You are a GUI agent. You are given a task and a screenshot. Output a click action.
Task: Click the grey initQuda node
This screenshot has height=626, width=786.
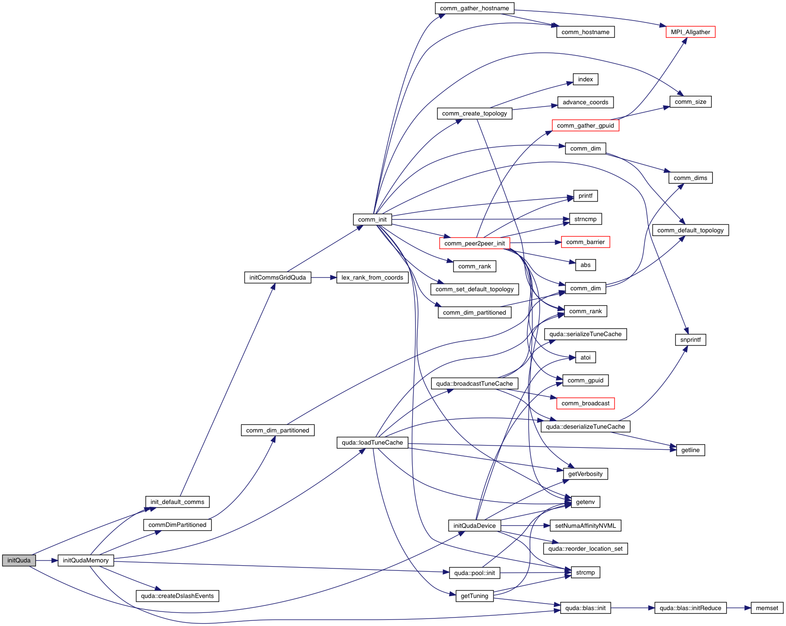coord(19,560)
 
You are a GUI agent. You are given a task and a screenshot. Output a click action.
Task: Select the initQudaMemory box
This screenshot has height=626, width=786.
coord(86,560)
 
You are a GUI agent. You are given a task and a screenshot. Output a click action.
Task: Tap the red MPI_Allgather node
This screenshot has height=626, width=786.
coord(690,32)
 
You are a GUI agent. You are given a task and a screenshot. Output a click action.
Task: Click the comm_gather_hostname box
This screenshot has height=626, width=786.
coord(474,8)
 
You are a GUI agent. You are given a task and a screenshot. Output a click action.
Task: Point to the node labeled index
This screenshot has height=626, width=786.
coord(585,79)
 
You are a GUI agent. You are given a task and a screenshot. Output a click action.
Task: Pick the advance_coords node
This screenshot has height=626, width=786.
coord(585,102)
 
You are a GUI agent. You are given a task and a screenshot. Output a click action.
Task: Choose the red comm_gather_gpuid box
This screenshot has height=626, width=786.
coord(585,125)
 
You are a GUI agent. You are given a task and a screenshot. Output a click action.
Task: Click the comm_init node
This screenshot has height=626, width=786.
coord(372,219)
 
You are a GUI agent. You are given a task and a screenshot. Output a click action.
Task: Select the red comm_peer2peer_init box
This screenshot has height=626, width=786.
coord(474,243)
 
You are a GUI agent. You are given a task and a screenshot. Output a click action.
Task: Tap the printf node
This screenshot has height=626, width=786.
coord(585,195)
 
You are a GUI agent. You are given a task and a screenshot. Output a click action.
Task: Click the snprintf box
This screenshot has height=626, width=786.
coord(690,339)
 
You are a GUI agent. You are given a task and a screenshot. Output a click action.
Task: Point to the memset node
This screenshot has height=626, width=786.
coord(767,608)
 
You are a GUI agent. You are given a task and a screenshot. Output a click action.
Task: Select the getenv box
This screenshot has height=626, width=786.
coord(585,502)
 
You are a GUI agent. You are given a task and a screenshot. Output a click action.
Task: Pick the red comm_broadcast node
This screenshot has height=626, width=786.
coord(585,403)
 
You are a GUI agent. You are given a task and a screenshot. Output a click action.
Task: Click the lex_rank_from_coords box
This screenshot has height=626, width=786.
coord(372,277)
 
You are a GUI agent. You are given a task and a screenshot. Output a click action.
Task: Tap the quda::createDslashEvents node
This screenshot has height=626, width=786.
coord(177,596)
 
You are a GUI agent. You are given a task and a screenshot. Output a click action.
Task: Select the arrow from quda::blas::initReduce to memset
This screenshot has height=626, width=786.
coord(738,608)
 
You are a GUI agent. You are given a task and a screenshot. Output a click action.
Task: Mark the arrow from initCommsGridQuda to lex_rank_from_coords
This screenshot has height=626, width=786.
coord(323,277)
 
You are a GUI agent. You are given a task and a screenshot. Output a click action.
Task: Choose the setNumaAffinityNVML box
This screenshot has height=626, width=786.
coord(585,525)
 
